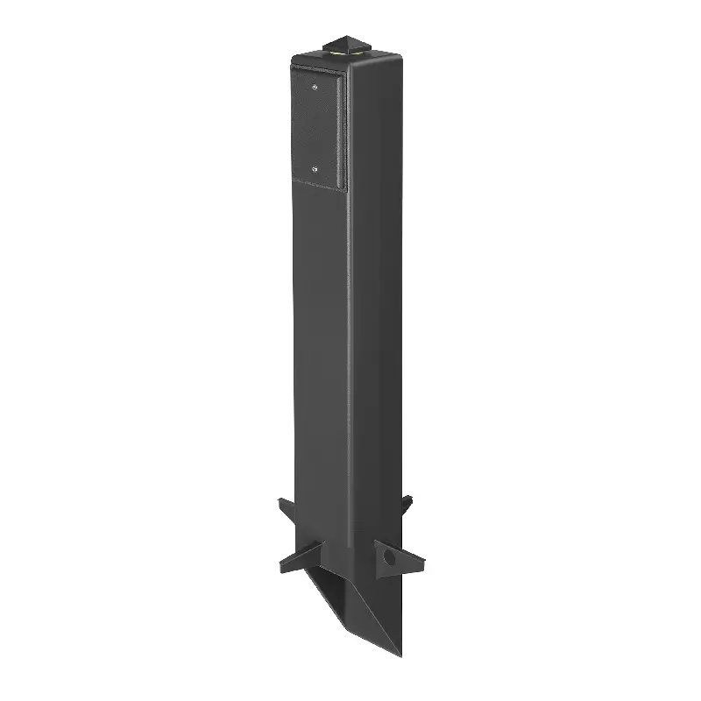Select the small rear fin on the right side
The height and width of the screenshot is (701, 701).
404,505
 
